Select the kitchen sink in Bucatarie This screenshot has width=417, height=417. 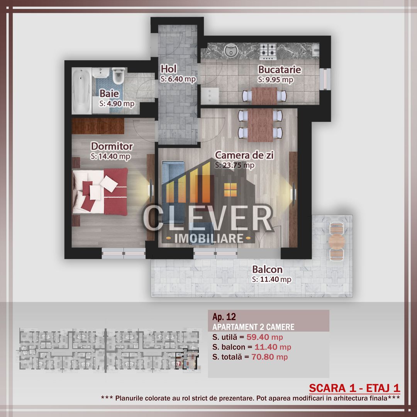tap(232, 50)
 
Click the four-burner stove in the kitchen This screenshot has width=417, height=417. tap(268, 50)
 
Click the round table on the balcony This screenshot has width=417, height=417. tap(336, 241)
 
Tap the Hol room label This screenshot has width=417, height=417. tap(169, 69)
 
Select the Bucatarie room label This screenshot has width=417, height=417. tap(280, 70)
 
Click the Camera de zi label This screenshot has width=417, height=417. tap(244, 155)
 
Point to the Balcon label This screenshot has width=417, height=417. tap(267, 270)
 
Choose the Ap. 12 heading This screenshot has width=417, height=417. tap(224, 317)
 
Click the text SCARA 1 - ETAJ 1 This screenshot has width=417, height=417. tap(354, 388)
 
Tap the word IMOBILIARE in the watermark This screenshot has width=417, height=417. tap(209, 238)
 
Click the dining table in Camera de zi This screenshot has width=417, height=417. tap(261, 125)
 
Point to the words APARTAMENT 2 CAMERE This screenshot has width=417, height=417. tap(253, 327)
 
